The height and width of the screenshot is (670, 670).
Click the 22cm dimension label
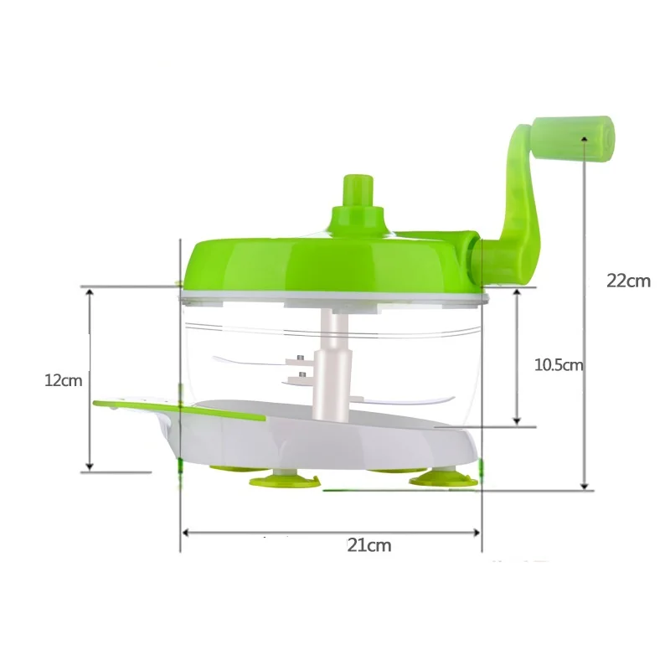629,281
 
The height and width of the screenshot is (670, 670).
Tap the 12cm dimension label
64,380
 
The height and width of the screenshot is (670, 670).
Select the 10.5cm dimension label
559,365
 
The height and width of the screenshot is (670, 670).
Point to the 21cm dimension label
369,545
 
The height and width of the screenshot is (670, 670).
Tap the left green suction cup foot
284,481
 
